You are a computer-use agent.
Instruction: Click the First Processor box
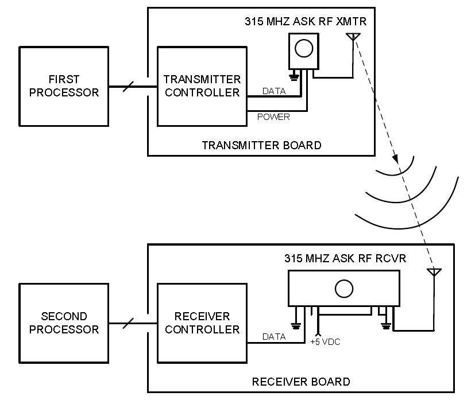coord(64,86)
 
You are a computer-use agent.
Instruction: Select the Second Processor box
coord(64,323)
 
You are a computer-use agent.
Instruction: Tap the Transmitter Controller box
coord(202,86)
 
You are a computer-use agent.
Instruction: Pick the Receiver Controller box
coord(202,323)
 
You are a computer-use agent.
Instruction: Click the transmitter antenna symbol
coord(353,38)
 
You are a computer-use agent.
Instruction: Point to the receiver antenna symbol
coord(434,272)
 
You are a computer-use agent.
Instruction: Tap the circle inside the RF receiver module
coord(343,289)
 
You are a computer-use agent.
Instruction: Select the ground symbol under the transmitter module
coord(294,76)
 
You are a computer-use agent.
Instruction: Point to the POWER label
coord(273,117)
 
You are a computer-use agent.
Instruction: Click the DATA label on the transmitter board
coord(273,91)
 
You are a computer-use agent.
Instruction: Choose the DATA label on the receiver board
coord(273,337)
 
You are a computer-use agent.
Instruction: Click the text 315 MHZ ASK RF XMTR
coord(305,22)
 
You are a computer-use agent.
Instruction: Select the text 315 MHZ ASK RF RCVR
coord(345,258)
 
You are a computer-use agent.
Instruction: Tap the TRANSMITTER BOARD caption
coord(261,145)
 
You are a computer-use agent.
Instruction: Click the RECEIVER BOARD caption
coord(301,382)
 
